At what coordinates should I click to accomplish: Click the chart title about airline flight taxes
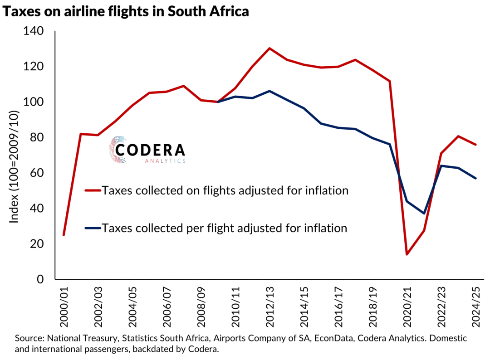click(126, 12)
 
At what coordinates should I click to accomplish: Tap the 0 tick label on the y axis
click(40, 279)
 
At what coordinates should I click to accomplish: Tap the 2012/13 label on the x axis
click(269, 307)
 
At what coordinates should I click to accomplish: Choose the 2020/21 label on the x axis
click(407, 307)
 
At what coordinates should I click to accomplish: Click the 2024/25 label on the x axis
click(475, 307)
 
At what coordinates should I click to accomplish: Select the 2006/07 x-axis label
click(167, 307)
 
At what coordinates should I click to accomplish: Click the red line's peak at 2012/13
click(269, 48)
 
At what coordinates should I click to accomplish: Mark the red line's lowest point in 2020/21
click(407, 254)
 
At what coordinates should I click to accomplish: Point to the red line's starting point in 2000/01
click(64, 235)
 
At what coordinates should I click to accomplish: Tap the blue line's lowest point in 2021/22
click(424, 213)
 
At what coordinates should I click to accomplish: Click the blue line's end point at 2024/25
click(475, 178)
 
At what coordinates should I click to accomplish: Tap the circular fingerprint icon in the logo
click(118, 149)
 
